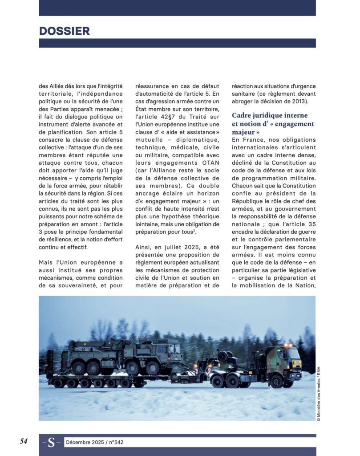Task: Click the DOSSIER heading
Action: click(x=65, y=31)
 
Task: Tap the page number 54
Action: click(x=24, y=441)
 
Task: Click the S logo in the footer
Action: click(x=52, y=442)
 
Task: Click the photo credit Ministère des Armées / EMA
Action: click(x=319, y=394)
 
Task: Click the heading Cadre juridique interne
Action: click(x=273, y=115)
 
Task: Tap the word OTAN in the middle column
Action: click(x=210, y=163)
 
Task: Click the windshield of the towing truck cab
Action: click(x=294, y=354)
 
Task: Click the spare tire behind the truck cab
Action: click(x=223, y=356)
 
